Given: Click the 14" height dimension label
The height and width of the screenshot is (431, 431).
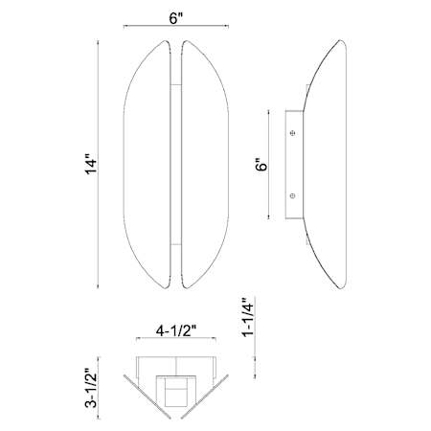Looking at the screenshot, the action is pyautogui.click(x=91, y=165).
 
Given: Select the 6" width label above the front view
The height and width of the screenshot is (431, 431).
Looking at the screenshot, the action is pyautogui.click(x=176, y=18).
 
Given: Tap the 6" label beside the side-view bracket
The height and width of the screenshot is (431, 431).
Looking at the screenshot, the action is pyautogui.click(x=261, y=164).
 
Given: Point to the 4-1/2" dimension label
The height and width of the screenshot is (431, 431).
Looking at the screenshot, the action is pyautogui.click(x=175, y=331).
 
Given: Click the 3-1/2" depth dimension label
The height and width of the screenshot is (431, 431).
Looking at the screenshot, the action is pyautogui.click(x=91, y=388).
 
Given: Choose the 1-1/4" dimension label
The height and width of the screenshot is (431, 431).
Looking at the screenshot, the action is pyautogui.click(x=248, y=317).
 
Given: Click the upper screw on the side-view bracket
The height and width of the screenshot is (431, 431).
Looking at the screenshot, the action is pyautogui.click(x=292, y=132).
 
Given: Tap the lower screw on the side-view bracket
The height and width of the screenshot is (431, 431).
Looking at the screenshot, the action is pyautogui.click(x=292, y=195).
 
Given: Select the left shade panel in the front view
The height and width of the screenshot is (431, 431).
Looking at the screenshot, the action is pyautogui.click(x=147, y=165).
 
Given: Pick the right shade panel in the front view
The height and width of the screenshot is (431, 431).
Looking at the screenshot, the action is pyautogui.click(x=205, y=165).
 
